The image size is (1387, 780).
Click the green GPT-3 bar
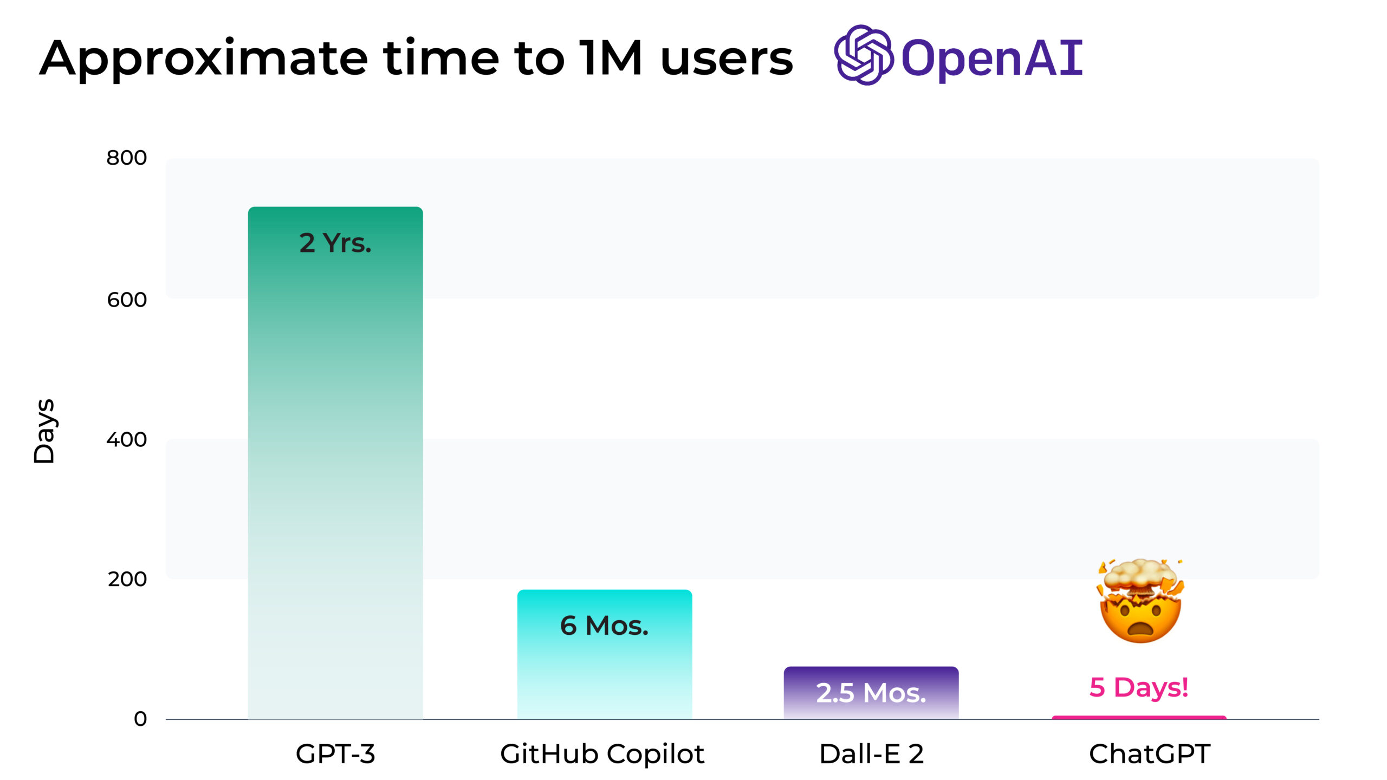point(335,463)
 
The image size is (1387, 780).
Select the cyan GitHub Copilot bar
point(605,654)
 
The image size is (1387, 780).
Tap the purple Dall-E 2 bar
point(871,693)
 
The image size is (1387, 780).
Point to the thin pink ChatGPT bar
point(1139,718)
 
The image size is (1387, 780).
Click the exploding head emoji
point(1141,601)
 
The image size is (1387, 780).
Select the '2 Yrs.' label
point(335,243)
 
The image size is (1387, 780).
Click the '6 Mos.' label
point(604,626)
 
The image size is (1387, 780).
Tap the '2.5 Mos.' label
point(871,693)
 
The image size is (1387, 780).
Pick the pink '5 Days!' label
point(1139,687)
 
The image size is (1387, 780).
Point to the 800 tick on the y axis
point(127,158)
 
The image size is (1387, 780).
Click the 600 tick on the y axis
point(127,300)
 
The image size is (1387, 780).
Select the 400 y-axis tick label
point(127,439)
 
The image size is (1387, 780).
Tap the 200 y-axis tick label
point(127,579)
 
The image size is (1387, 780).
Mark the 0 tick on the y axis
point(140,719)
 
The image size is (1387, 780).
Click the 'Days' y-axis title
point(44,431)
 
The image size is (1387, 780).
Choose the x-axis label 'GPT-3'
point(335,753)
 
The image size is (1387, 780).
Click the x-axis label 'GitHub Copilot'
point(602,754)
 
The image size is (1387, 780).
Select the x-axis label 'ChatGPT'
point(1150,753)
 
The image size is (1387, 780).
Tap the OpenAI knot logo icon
point(864,55)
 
